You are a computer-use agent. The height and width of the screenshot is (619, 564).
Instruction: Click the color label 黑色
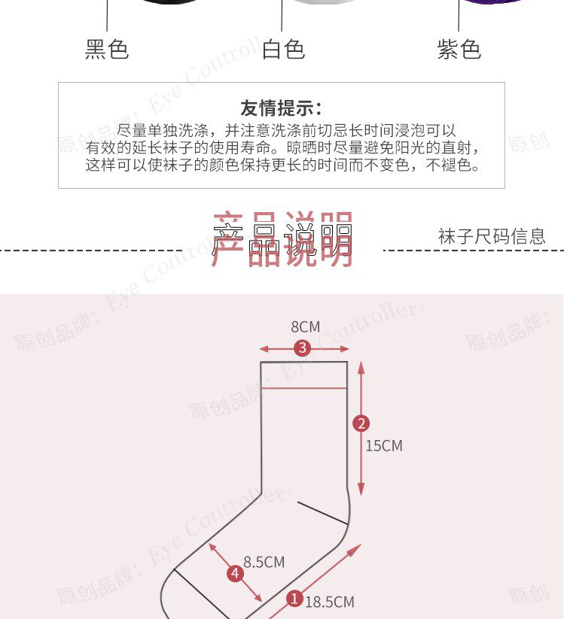point(107,50)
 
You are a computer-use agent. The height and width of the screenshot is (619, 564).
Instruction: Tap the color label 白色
point(283,50)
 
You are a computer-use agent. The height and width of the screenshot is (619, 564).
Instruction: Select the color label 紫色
point(459,50)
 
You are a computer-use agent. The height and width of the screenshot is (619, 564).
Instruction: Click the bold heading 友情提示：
point(281,108)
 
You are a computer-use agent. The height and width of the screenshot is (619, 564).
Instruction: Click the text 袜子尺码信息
point(492,236)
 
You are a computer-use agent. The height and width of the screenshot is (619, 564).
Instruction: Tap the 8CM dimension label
point(305,326)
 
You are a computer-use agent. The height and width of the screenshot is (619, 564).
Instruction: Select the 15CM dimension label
point(384,445)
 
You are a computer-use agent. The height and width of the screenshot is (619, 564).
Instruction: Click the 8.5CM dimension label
point(264,562)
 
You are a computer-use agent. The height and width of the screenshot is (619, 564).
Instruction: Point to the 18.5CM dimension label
point(330,601)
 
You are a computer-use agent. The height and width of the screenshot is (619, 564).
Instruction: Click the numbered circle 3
point(303,348)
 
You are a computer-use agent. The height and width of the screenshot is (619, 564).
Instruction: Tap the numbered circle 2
point(361,423)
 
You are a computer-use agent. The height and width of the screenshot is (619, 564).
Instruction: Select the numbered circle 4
point(235,574)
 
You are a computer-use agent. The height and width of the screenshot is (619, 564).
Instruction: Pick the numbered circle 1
point(294,598)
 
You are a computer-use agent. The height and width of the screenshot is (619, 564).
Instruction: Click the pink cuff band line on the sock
point(304,389)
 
